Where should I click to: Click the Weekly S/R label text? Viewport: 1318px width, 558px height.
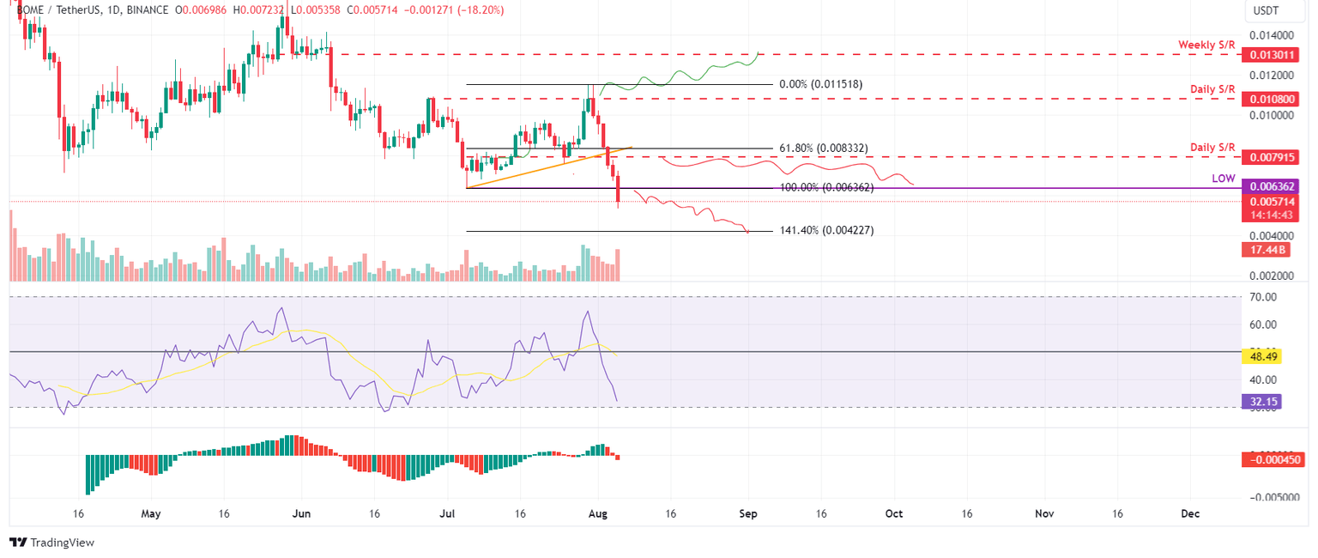pos(1206,45)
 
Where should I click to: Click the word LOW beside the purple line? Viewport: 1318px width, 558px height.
pos(1223,178)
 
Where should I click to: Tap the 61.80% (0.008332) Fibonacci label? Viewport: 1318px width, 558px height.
pos(823,149)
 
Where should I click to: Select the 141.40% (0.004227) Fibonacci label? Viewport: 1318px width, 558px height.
pos(826,231)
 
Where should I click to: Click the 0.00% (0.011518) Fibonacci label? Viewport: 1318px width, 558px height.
pos(820,84)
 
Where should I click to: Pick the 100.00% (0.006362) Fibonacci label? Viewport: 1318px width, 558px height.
pos(826,187)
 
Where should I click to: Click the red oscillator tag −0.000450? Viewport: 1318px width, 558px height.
pos(1273,459)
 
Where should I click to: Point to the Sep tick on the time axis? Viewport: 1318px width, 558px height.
pos(748,513)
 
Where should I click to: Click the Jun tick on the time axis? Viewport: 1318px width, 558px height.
pos(300,513)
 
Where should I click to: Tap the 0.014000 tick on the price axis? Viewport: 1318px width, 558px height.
pos(1273,35)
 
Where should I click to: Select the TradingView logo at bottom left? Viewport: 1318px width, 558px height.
pos(51,543)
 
